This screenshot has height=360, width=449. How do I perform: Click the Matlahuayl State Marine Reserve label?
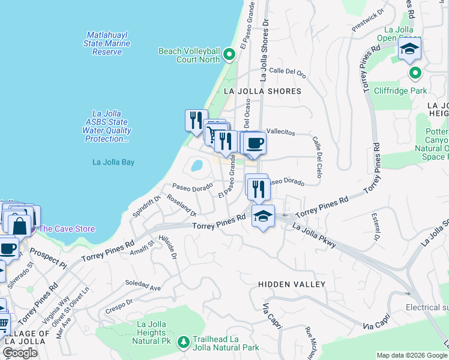click(x=108, y=43)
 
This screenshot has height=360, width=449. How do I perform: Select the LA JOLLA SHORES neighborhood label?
click(x=262, y=91)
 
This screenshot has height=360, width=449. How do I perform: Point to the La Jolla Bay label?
click(x=113, y=162)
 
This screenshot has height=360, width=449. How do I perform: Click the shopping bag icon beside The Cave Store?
click(x=19, y=225)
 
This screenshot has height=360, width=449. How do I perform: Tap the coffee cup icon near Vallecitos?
click(x=255, y=143)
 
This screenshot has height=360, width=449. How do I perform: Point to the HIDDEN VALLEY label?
click(x=292, y=284)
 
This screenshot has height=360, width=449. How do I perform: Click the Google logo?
click(x=20, y=353)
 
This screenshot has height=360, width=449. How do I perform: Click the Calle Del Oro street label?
click(x=288, y=73)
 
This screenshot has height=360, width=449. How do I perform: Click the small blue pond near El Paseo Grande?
click(x=196, y=164)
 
